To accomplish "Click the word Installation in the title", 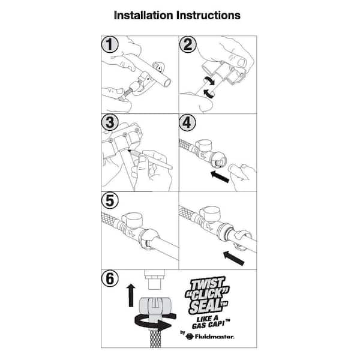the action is tap(143, 16).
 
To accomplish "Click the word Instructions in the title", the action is tap(208, 16).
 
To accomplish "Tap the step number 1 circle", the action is tap(110, 44).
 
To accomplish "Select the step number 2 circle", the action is tap(188, 44).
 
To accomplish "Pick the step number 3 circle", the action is tap(110, 122).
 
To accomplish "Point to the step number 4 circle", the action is tap(188, 122).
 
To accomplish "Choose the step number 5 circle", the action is tap(110, 200).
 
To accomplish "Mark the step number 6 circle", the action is tap(110, 278).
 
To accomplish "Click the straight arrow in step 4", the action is tap(220, 176).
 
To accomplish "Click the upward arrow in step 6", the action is tap(131, 295).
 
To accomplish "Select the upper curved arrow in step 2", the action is tap(209, 80).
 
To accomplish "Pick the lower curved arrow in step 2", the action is tap(209, 93).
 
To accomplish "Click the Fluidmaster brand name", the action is tap(214, 337).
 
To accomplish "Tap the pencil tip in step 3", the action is tap(129, 151).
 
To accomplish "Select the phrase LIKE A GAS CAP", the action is tap(211, 322).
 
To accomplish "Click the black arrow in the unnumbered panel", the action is tap(234, 258).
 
